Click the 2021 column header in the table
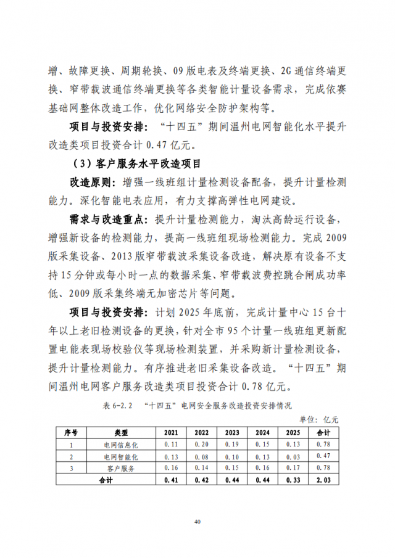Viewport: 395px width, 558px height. (x=171, y=432)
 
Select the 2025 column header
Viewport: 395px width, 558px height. (x=293, y=432)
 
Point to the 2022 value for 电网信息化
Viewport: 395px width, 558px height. (x=202, y=444)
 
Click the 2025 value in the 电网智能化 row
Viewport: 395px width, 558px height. (x=293, y=456)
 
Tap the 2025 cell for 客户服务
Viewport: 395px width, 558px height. (x=293, y=468)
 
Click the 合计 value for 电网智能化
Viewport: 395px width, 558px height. (x=323, y=456)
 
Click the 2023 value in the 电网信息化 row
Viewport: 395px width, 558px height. (x=232, y=444)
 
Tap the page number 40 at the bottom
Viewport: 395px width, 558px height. (x=197, y=522)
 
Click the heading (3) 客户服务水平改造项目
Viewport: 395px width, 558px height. (x=136, y=163)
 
